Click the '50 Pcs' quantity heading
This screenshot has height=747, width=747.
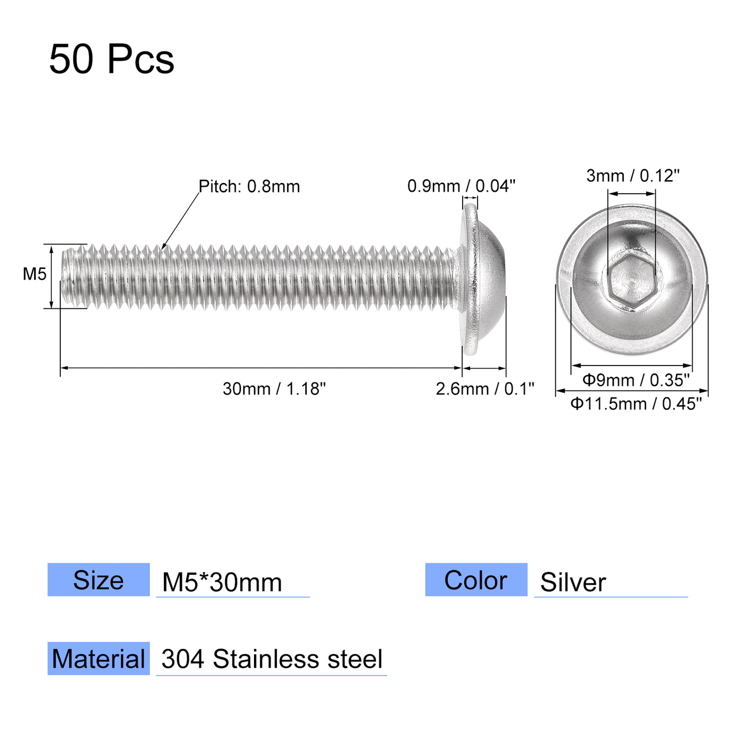pyautogui.click(x=112, y=59)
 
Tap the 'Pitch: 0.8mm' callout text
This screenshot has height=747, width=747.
pyautogui.click(x=249, y=186)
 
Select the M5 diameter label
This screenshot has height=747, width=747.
pyautogui.click(x=34, y=274)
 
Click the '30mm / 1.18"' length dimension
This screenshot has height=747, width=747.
pyautogui.click(x=274, y=389)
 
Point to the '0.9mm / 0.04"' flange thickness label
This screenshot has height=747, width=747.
pyautogui.click(x=461, y=186)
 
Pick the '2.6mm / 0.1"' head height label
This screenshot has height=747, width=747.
pyautogui.click(x=484, y=389)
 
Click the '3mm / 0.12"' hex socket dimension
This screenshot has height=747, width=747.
pyautogui.click(x=633, y=176)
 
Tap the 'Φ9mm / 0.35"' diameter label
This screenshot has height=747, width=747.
pyautogui.click(x=636, y=380)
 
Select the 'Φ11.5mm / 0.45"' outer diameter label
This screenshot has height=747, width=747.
pyautogui.click(x=636, y=404)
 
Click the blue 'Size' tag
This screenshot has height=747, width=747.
pyautogui.click(x=98, y=580)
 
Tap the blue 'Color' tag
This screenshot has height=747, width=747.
pyautogui.click(x=476, y=580)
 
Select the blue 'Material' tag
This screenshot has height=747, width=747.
pyautogui.click(x=98, y=658)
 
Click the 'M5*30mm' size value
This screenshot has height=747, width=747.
pyautogui.click(x=222, y=582)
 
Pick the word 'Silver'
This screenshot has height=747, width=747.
pyautogui.click(x=573, y=582)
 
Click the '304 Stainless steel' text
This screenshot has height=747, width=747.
pyautogui.click(x=272, y=659)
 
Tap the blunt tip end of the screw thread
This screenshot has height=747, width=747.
pyautogui.click(x=65, y=276)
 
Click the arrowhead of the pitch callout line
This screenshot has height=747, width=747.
pyautogui.click(x=163, y=247)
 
